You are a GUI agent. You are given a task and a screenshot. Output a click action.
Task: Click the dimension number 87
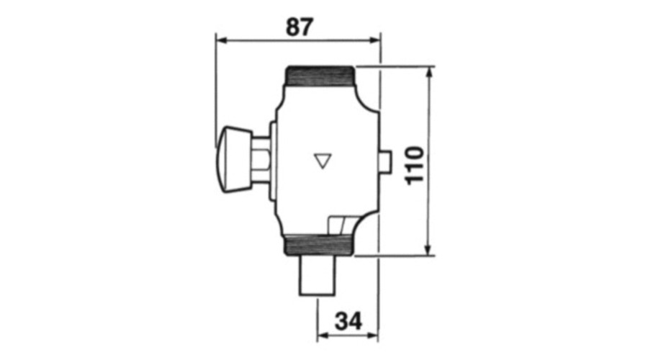coord(300,27)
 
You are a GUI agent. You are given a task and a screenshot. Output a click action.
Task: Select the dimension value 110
coord(414,166)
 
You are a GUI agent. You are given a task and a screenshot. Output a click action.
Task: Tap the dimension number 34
coord(348,321)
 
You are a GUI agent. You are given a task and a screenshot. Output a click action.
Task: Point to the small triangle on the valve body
coord(323,161)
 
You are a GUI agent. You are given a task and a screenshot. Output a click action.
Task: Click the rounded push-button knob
coord(234,159)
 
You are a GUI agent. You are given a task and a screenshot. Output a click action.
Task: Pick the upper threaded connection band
coord(320,76)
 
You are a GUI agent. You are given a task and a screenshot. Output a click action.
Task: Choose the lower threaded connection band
coord(319,245)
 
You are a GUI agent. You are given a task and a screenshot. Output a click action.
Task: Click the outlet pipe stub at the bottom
coord(317,276)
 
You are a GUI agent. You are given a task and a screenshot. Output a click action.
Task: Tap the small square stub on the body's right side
coord(385,161)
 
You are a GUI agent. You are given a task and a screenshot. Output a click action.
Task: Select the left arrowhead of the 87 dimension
coord(222,40)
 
